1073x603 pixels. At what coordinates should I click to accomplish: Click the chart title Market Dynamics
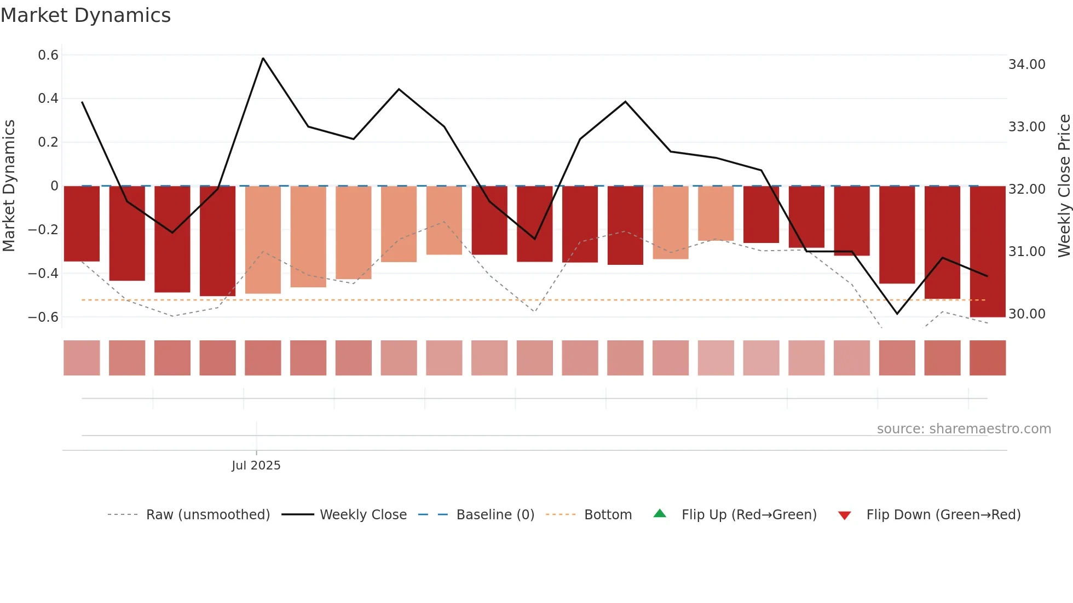click(85, 15)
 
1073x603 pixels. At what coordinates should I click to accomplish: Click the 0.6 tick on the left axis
click(48, 55)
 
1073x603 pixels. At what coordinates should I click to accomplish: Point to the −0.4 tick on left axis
click(43, 273)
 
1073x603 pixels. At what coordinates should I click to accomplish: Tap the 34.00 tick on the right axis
click(1026, 65)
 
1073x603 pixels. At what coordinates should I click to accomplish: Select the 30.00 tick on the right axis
click(1026, 314)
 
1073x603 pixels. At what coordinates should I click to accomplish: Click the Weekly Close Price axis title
click(1064, 186)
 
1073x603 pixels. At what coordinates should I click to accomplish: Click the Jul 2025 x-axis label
click(256, 466)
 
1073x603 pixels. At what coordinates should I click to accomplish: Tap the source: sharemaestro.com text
click(964, 429)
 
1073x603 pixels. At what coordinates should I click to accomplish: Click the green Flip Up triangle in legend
click(660, 514)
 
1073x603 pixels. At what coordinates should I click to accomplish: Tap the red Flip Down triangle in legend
click(844, 515)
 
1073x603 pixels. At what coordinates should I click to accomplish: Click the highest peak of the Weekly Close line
click(263, 58)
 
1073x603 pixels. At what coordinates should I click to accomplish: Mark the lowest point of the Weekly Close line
click(897, 314)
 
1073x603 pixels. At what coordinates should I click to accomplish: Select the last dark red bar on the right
click(987, 252)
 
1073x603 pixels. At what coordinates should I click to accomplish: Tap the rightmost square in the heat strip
click(987, 358)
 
